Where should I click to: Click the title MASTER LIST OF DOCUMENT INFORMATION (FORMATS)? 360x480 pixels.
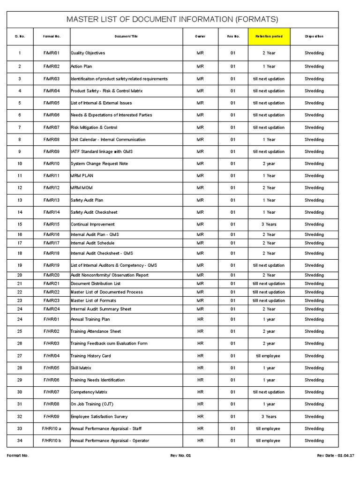[172, 19]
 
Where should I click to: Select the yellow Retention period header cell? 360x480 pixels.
[269, 36]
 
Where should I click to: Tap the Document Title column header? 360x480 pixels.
[127, 36]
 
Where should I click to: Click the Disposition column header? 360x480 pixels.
[314, 36]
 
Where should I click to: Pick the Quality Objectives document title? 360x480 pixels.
[88, 53]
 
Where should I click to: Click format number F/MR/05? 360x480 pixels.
[52, 103]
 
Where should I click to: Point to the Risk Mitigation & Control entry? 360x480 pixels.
[94, 127]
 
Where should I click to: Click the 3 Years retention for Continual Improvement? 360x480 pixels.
[269, 225]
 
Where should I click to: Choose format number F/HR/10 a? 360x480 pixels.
[52, 428]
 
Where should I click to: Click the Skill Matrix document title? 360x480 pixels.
[81, 368]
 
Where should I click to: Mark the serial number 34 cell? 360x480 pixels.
[20, 441]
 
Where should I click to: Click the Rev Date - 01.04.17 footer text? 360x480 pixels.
[336, 456]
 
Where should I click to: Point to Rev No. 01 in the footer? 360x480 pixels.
[180, 456]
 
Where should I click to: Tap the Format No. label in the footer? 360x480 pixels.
[18, 456]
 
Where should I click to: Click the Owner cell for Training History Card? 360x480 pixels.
[200, 356]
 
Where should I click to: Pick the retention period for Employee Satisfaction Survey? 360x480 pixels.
[269, 416]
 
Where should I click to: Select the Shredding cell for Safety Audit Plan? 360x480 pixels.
[314, 200]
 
